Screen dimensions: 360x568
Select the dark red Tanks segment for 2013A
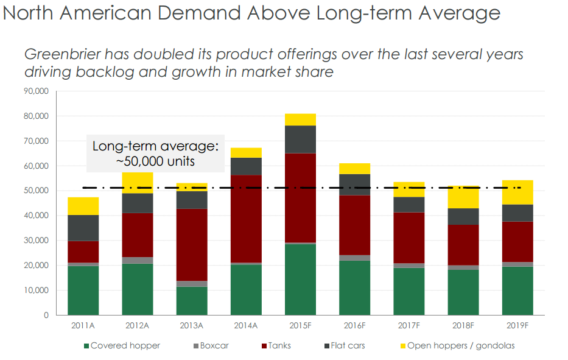pyautogui.click(x=192, y=245)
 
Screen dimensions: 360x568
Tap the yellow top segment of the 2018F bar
pyautogui.click(x=463, y=197)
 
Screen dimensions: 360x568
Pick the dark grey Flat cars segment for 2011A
pyautogui.click(x=83, y=228)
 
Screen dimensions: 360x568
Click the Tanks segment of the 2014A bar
pyautogui.click(x=246, y=219)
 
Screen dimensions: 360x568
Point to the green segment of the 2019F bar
pyautogui.click(x=517, y=291)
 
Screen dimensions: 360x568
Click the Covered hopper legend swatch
pyautogui.click(x=86, y=346)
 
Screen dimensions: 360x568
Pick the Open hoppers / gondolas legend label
pyautogui.click(x=461, y=346)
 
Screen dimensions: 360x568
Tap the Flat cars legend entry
pyautogui.click(x=348, y=346)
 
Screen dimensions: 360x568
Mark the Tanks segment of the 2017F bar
pyautogui.click(x=408, y=238)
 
